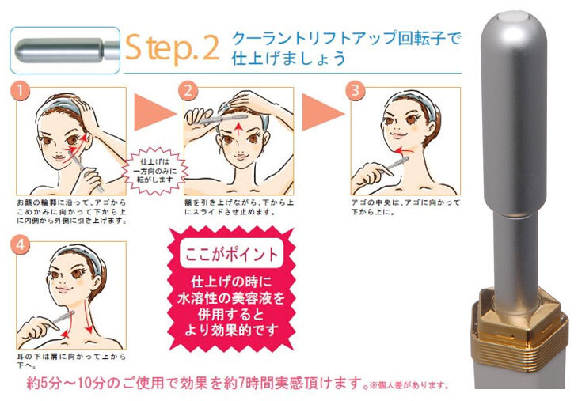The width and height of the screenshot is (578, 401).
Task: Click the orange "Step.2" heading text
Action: (172, 47)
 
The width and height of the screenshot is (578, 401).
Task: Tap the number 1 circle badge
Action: (21, 91)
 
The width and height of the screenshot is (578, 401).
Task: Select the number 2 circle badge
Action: (188, 91)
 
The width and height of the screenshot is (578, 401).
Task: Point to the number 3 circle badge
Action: (356, 91)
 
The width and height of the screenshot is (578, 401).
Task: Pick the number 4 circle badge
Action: (21, 245)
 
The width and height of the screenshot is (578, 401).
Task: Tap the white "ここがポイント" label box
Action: (231, 253)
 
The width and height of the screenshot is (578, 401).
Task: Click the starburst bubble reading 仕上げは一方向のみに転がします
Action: (155, 171)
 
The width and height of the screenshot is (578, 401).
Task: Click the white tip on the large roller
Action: (514, 16)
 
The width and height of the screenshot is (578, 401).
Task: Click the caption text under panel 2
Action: (239, 207)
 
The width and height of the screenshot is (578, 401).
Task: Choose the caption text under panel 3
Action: (405, 207)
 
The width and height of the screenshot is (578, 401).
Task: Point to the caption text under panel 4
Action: (71, 361)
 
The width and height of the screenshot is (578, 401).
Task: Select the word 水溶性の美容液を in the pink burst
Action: (231, 298)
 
